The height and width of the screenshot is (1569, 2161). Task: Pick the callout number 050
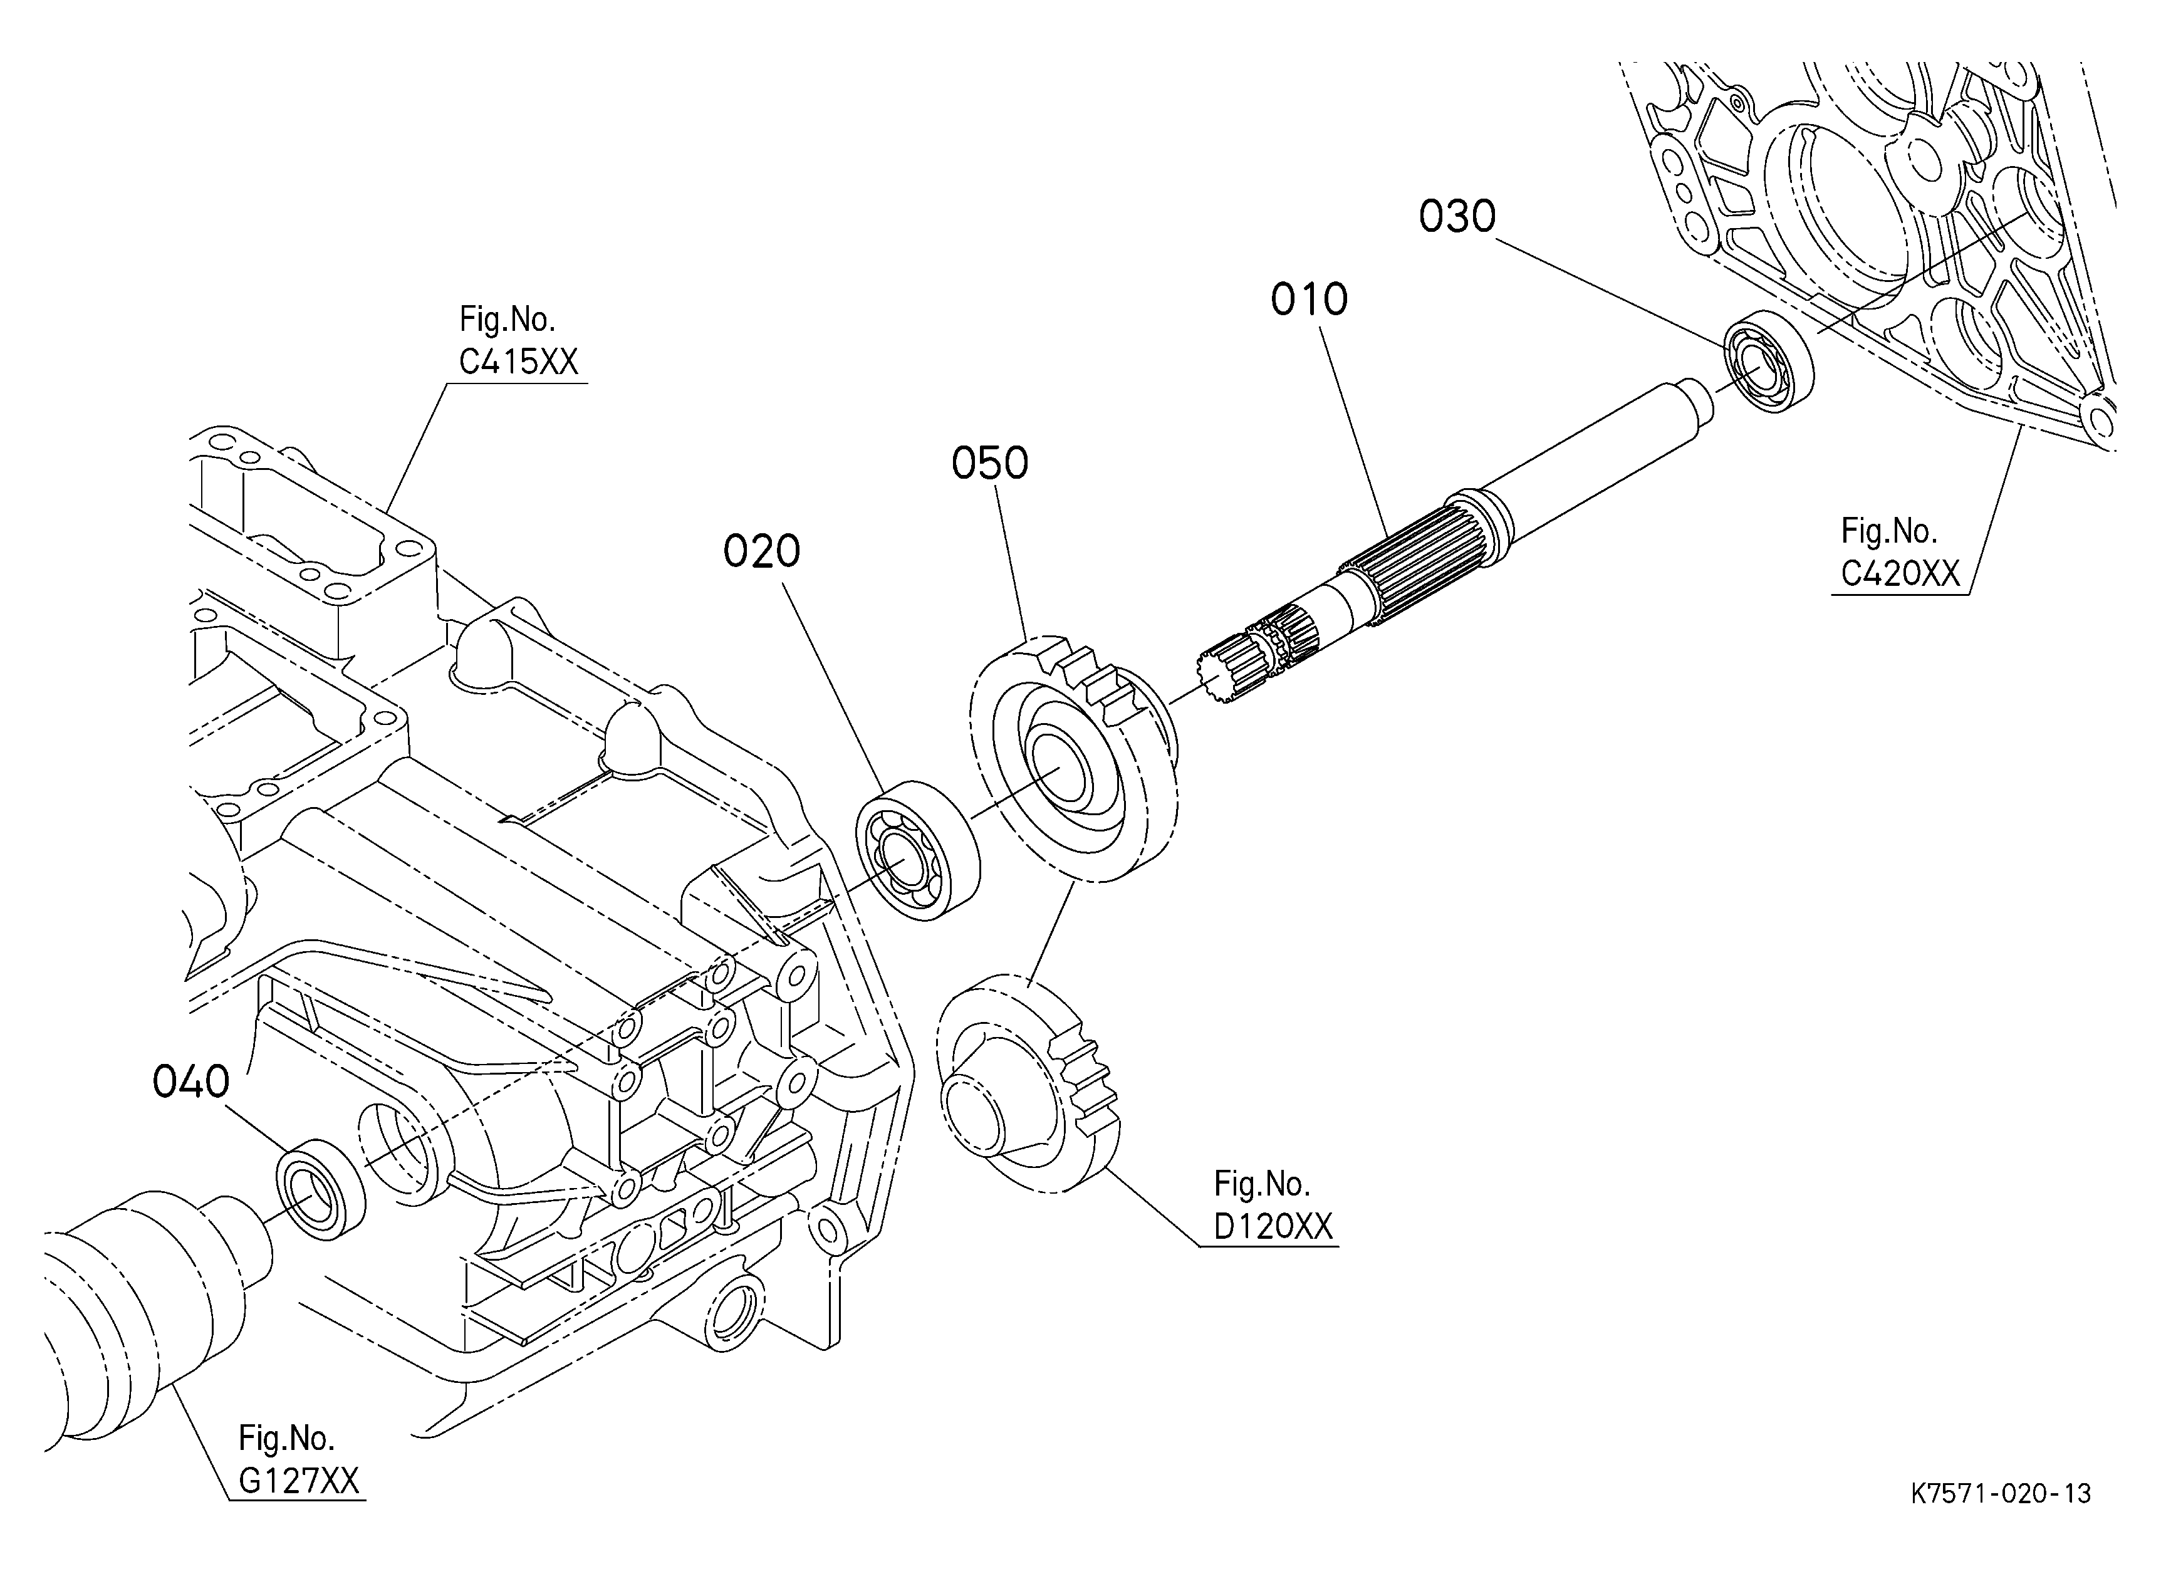tap(990, 463)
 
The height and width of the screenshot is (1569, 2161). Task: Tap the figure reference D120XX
tap(1273, 1226)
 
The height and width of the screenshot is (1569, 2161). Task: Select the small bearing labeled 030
tap(1768, 362)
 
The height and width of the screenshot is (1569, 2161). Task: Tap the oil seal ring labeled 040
tap(320, 1188)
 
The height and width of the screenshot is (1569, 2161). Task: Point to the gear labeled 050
tap(1074, 758)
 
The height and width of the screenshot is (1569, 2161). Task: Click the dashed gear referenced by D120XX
tap(1027, 1083)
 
